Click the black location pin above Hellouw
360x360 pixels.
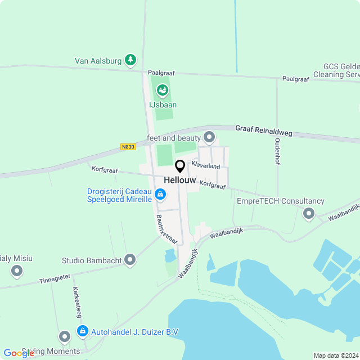(180, 166)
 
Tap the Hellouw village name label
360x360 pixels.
(180, 180)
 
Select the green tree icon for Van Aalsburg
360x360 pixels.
(130, 59)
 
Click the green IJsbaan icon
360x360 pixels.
(162, 89)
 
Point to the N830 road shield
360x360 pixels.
(128, 147)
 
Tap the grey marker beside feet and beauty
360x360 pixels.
(210, 137)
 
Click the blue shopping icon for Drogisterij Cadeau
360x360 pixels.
(160, 195)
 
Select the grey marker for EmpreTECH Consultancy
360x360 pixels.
(308, 213)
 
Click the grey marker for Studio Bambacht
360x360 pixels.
(130, 259)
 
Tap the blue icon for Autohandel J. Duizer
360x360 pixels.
(83, 331)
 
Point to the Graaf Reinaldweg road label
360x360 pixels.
(264, 130)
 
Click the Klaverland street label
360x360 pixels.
(205, 166)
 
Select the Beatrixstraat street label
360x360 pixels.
(166, 229)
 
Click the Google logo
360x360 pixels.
(19, 353)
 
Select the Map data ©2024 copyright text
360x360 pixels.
(336, 355)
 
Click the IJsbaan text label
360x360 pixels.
(163, 105)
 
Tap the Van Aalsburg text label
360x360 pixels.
(98, 61)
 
